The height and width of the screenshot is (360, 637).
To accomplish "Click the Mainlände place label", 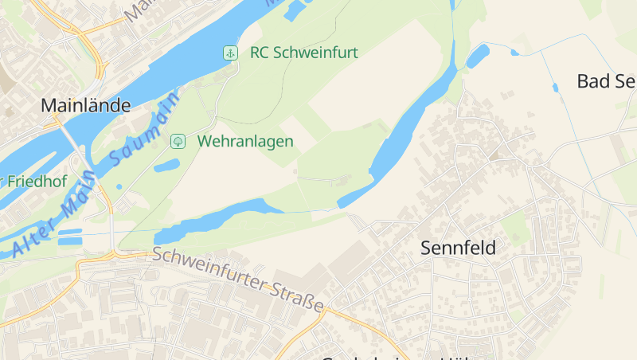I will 85,104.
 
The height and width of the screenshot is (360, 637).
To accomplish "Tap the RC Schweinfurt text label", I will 303,53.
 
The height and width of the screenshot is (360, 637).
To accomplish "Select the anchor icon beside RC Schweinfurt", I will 229,53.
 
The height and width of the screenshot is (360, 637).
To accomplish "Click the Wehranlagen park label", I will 245,141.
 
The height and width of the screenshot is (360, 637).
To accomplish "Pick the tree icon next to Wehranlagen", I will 178,141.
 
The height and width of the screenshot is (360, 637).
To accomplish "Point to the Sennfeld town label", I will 458,248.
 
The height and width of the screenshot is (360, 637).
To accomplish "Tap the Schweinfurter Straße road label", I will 238,279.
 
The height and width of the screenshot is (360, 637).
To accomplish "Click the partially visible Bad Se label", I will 605,80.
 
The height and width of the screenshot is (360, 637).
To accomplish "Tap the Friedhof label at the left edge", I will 35,181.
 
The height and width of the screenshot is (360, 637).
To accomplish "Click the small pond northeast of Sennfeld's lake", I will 478,55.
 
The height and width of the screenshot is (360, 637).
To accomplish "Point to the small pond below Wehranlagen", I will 166,166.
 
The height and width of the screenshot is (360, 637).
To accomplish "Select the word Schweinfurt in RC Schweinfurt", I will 315,53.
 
